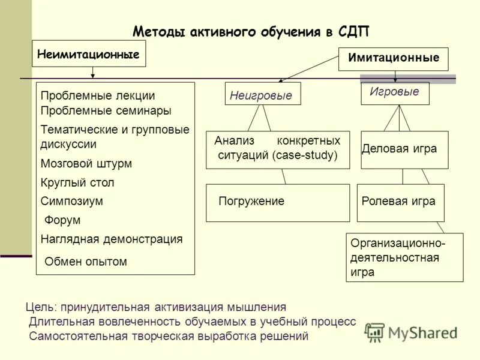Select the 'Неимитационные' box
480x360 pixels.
coord(89,54)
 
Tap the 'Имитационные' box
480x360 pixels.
coord(393,59)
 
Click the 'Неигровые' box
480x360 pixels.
coord(262,94)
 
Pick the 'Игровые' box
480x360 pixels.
coord(394,92)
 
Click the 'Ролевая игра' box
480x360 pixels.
coord(400,202)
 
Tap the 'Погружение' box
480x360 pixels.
coord(277,202)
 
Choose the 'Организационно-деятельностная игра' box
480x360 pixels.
coord(405,257)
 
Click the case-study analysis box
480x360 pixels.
coord(277,149)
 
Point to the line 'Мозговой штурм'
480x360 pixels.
coord(86,163)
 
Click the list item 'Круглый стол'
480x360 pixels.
coord(77,182)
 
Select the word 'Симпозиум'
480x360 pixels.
coord(72,201)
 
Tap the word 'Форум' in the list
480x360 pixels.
coord(62,220)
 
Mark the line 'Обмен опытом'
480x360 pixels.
coord(86,261)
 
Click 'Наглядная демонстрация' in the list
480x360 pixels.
coord(112,239)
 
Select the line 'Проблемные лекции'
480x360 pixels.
coord(98,95)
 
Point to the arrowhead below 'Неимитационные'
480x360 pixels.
coord(92,76)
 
